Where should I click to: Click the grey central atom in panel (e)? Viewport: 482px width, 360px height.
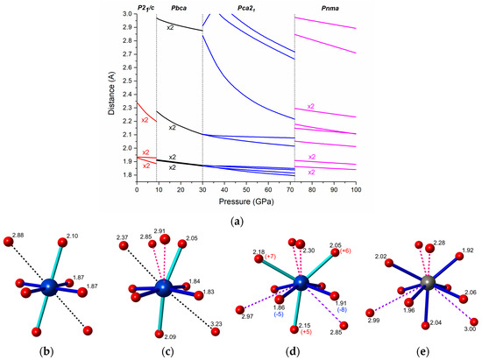click(x=427, y=283)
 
